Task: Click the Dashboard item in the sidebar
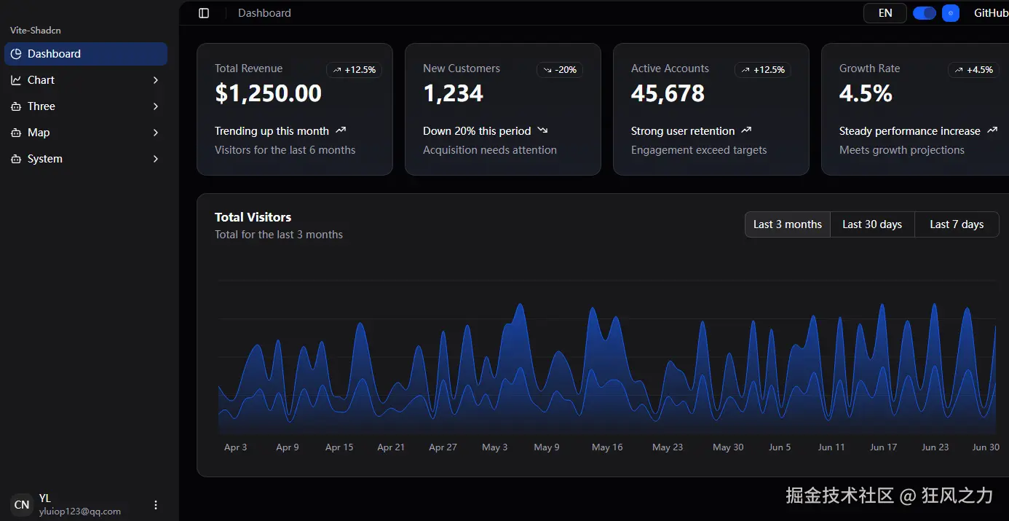tap(85, 54)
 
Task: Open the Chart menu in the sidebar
tap(85, 80)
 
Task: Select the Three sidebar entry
tap(85, 106)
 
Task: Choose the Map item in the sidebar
tap(85, 133)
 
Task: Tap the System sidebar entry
tap(85, 159)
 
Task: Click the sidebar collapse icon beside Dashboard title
tap(204, 13)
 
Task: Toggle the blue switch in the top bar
tap(924, 13)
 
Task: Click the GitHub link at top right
tap(991, 13)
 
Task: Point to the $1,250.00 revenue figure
tap(268, 93)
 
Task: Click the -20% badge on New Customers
tap(560, 70)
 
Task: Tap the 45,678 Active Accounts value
tap(668, 93)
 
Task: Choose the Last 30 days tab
tap(872, 224)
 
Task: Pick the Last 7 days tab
tap(957, 224)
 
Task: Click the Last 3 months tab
tap(787, 224)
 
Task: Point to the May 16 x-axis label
tap(607, 447)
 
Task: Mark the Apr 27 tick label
tap(443, 447)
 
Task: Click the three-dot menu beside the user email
tap(156, 504)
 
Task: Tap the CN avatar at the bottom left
tap(22, 504)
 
